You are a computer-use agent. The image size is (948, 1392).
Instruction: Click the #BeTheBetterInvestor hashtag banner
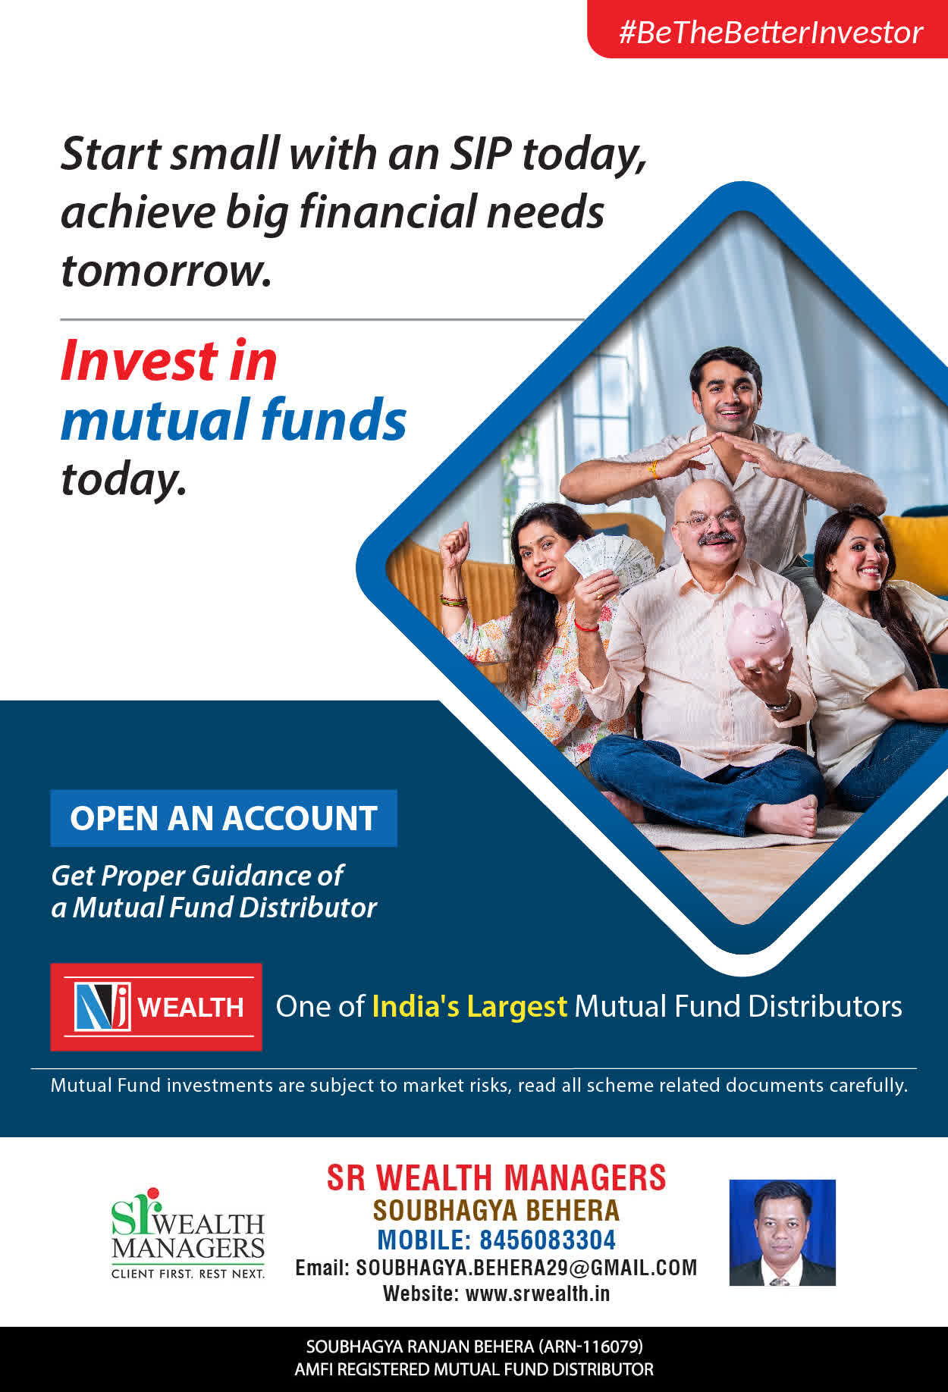768,29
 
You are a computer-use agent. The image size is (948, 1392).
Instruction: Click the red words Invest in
168,360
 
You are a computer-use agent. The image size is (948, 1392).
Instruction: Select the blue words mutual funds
234,419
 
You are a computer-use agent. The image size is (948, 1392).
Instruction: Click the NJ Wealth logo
156,1007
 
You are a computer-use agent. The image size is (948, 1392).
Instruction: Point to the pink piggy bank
758,635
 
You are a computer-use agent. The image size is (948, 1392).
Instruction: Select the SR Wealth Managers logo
187,1233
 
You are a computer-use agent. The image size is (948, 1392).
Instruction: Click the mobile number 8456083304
548,1240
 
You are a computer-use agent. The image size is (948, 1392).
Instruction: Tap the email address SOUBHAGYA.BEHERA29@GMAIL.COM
526,1268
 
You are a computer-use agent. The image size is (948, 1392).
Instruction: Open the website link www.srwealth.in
538,1293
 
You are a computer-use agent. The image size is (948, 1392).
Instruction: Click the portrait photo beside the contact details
782,1232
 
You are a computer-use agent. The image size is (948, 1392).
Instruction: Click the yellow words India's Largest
469,1007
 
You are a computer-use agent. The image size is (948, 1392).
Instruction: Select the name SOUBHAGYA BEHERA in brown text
496,1210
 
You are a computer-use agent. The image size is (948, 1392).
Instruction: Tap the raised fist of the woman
455,541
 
